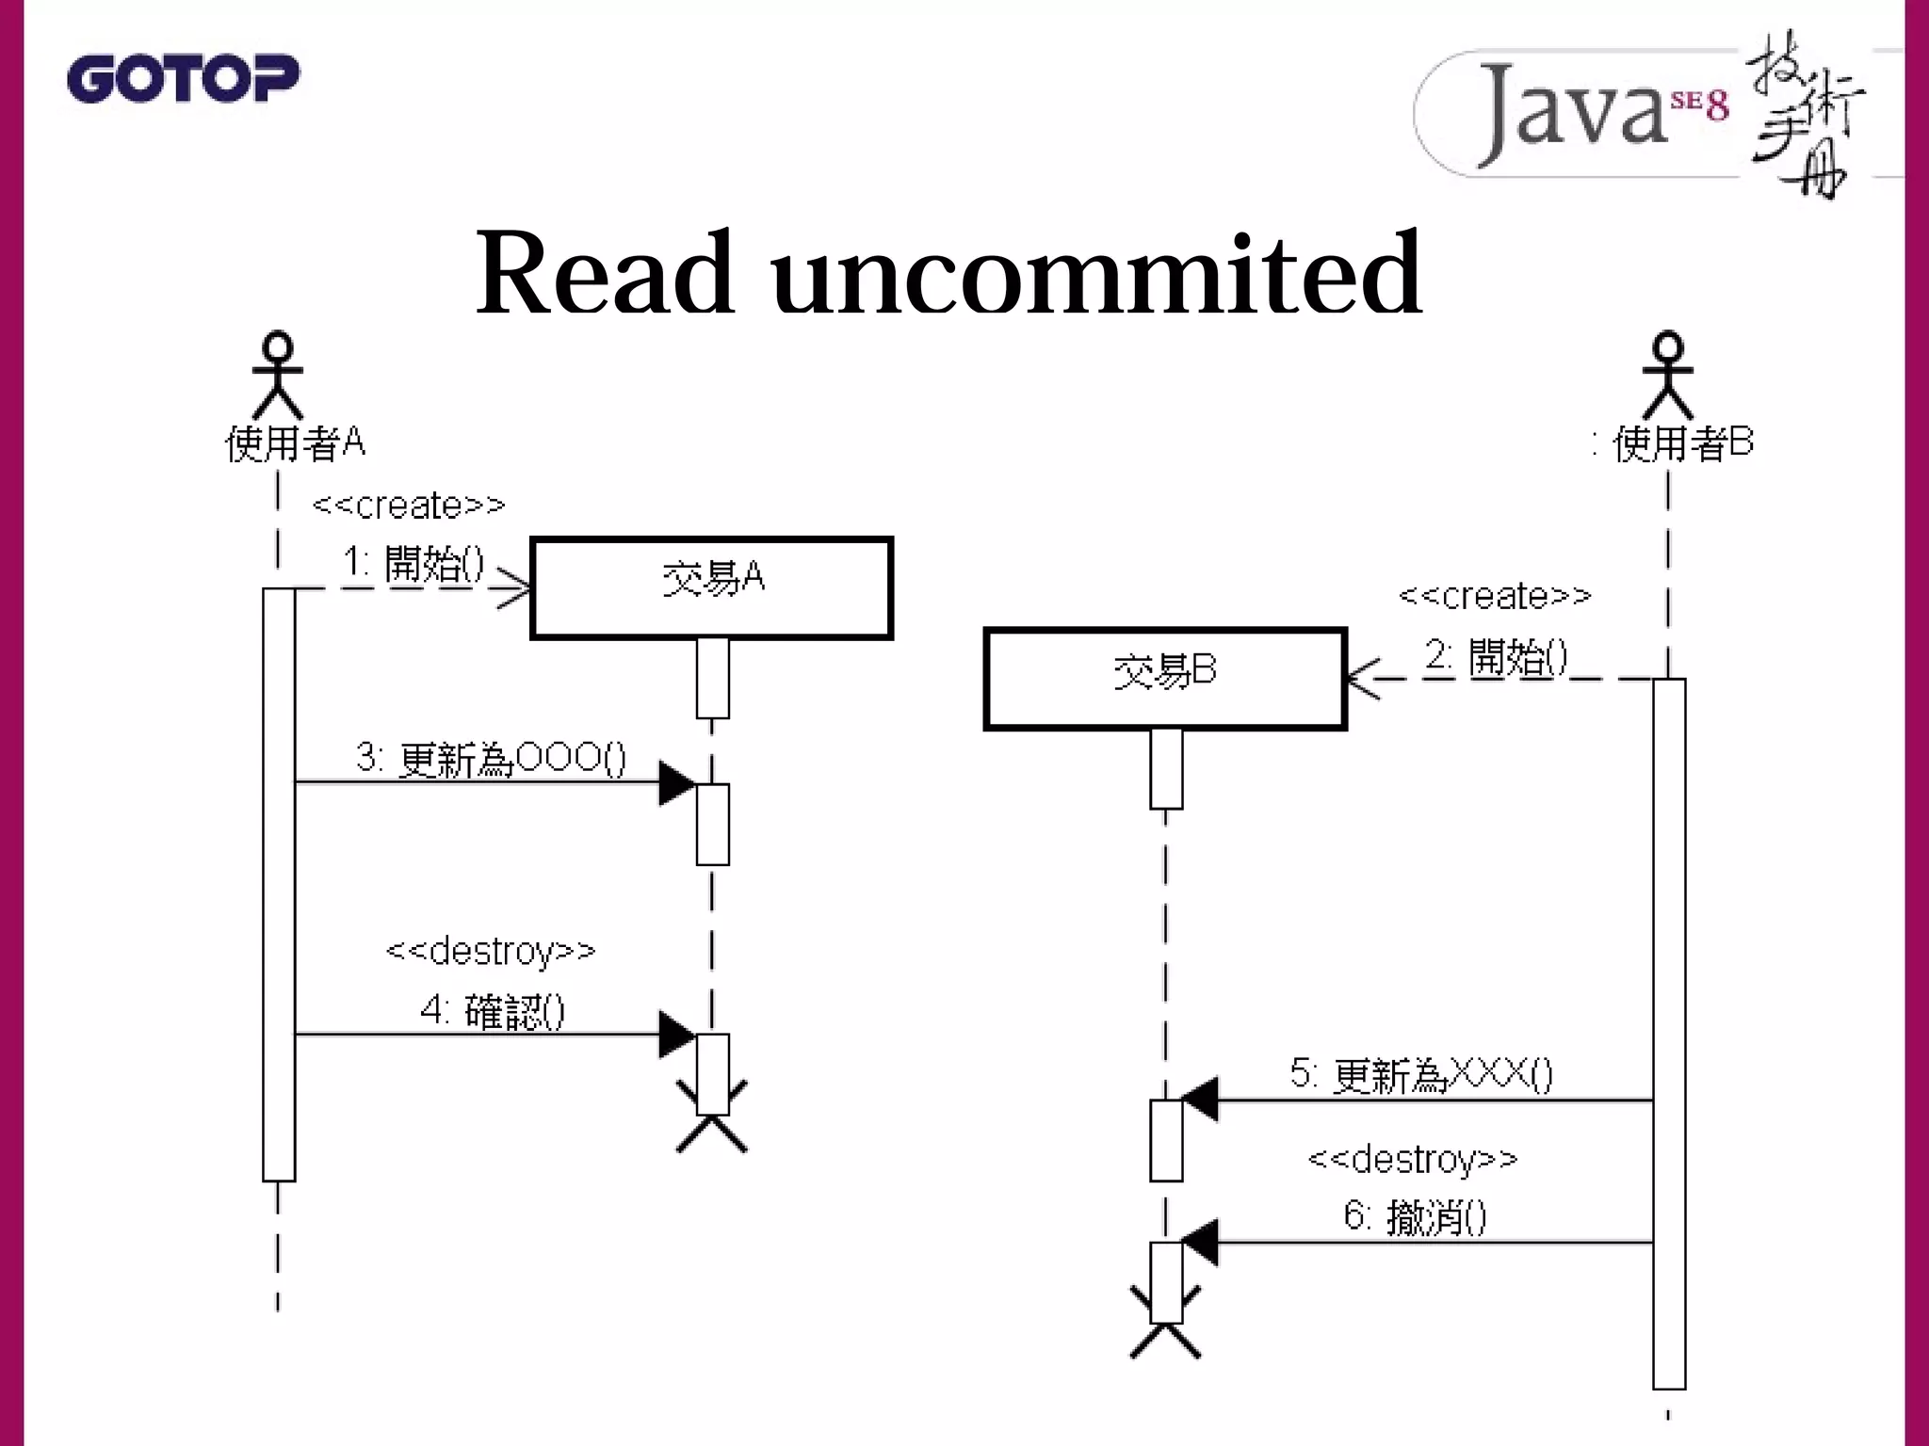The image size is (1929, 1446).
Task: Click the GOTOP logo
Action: point(183,78)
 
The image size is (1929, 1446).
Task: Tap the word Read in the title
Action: point(604,274)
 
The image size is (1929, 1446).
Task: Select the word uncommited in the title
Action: point(1096,274)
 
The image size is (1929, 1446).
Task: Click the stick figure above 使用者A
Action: point(278,376)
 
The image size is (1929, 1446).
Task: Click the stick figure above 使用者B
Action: point(1667,376)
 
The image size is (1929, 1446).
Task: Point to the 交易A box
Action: point(711,588)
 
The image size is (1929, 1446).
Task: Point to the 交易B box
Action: point(1165,679)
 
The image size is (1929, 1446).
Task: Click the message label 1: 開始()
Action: point(413,564)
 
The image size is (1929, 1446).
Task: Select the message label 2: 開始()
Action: point(1496,656)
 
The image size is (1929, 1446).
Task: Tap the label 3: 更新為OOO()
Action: point(490,758)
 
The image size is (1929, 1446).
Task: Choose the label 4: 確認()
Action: point(492,1012)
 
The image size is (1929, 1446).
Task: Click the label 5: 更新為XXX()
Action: point(1420,1074)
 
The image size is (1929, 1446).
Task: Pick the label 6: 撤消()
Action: point(1415,1217)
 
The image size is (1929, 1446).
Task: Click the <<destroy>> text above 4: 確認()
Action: point(491,951)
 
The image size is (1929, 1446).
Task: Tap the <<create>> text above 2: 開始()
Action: point(1495,596)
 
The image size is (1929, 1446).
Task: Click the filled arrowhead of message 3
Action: point(676,783)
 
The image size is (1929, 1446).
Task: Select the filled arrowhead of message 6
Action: point(1200,1243)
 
